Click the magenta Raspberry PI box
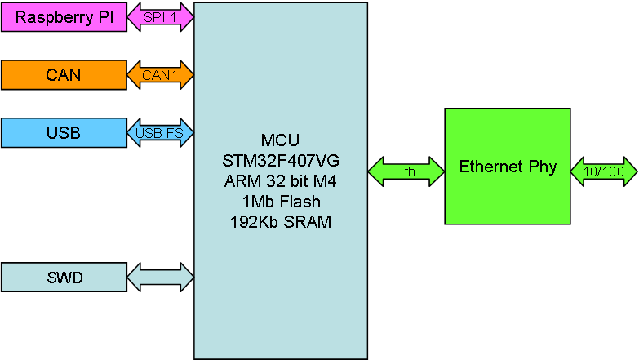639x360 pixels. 64,16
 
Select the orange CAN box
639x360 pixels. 64,75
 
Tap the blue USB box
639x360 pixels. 64,133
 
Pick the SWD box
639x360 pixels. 64,278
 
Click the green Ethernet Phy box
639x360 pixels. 508,167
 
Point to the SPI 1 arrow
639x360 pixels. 161,17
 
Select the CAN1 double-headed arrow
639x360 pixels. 161,75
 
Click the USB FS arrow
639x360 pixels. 161,133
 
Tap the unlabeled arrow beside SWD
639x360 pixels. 161,278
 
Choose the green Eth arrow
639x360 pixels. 406,171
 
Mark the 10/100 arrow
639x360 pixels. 604,171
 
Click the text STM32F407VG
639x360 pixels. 281,161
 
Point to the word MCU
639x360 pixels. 281,140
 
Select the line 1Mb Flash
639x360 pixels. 282,202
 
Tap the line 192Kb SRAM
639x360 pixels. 281,222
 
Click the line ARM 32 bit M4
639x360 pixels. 281,181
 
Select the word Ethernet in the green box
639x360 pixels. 491,167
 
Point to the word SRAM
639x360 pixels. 308,222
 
